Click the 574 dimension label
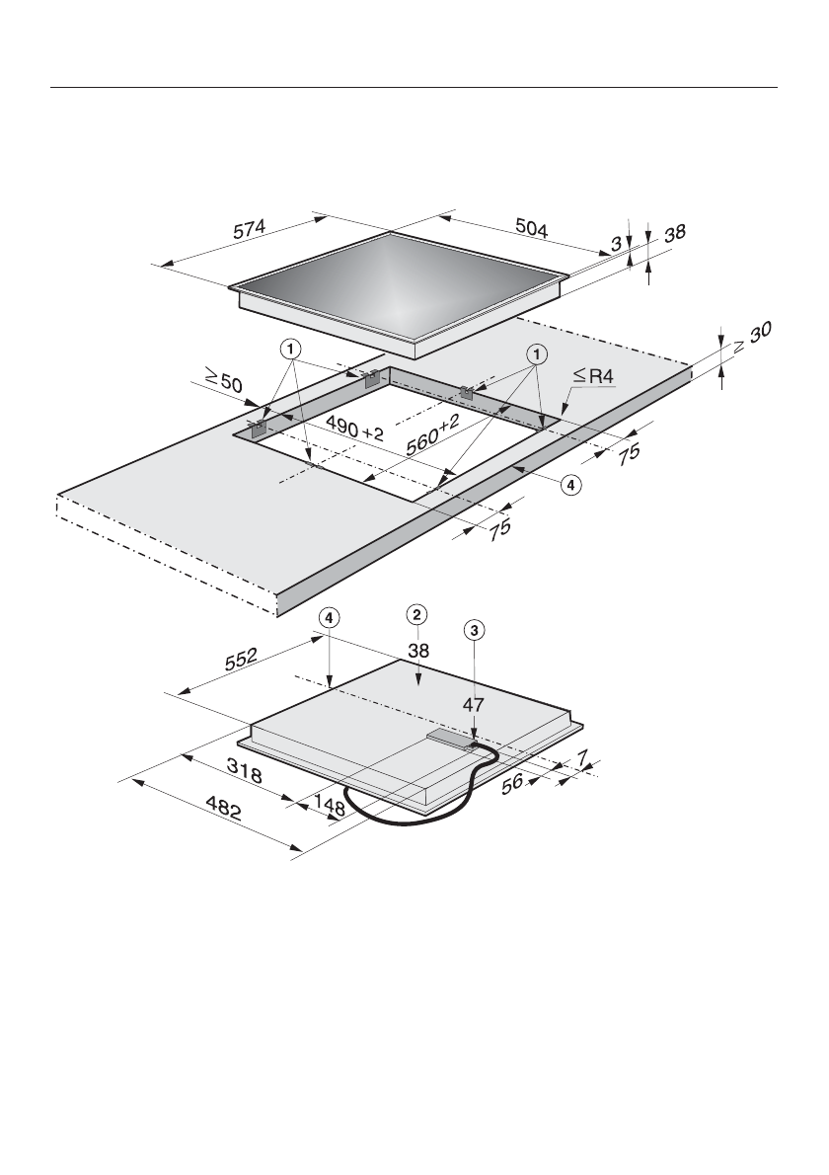pos(250,230)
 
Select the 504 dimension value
pos(532,228)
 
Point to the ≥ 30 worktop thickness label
pos(752,338)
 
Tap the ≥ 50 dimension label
pos(223,382)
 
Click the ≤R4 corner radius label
pos(594,375)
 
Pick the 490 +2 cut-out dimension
pos(354,429)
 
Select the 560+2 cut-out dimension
pos(433,435)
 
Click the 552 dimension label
pos(241,659)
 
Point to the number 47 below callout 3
pos(474,704)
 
